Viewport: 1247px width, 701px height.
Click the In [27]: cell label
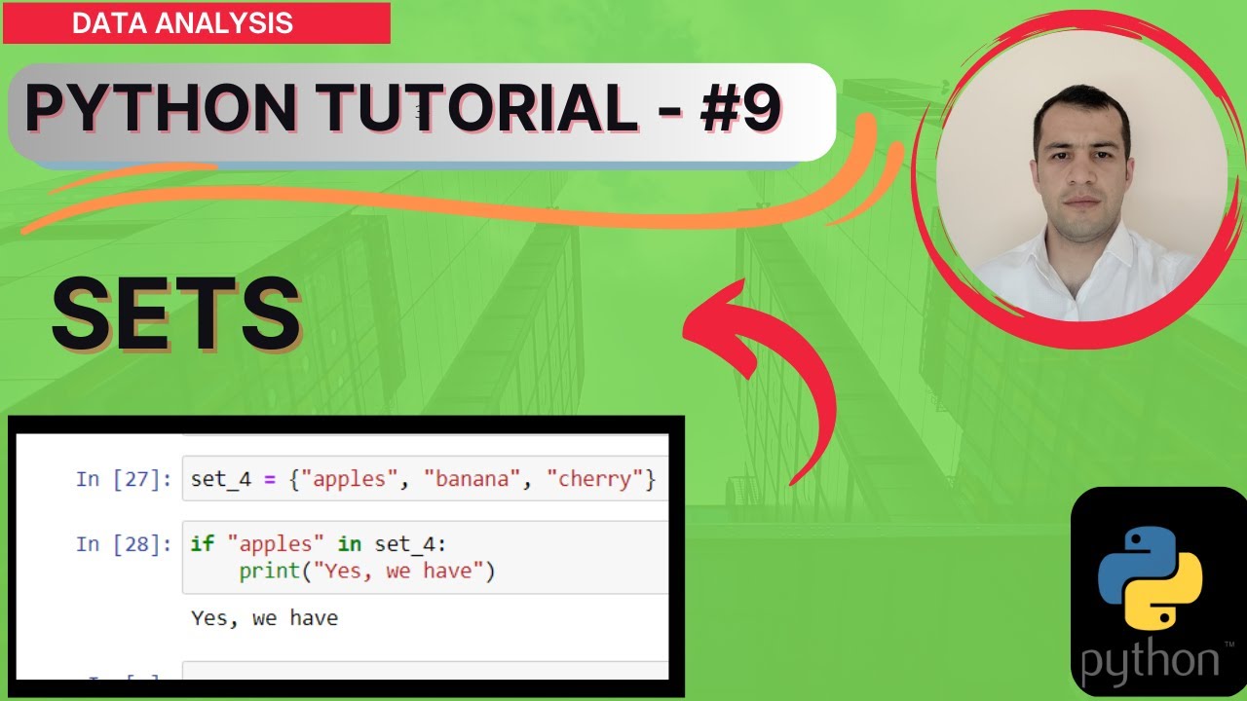(x=124, y=479)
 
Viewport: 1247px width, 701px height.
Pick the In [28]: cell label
(x=124, y=543)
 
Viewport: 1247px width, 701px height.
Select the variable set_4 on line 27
(x=221, y=479)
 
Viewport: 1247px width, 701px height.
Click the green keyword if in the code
(x=202, y=543)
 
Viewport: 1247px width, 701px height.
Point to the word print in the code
(x=270, y=572)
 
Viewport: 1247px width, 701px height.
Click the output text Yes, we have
(x=264, y=617)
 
